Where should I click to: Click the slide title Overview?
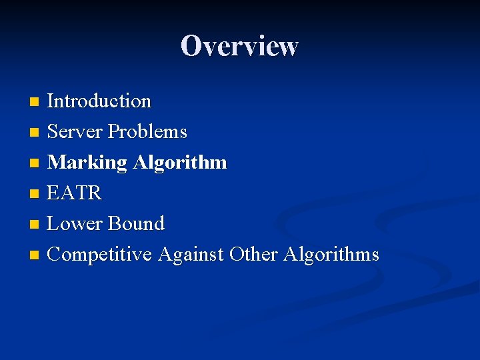tap(239, 46)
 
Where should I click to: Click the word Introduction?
tap(99, 101)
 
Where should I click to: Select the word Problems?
tap(147, 132)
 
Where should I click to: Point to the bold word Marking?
tap(87, 163)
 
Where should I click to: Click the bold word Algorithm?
tap(180, 163)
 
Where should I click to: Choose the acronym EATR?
tap(75, 193)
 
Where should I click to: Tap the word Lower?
tap(74, 223)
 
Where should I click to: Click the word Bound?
tap(135, 223)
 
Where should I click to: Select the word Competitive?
tap(100, 254)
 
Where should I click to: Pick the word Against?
tap(191, 254)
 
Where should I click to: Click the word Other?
tap(253, 254)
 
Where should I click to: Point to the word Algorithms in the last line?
tap(331, 254)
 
